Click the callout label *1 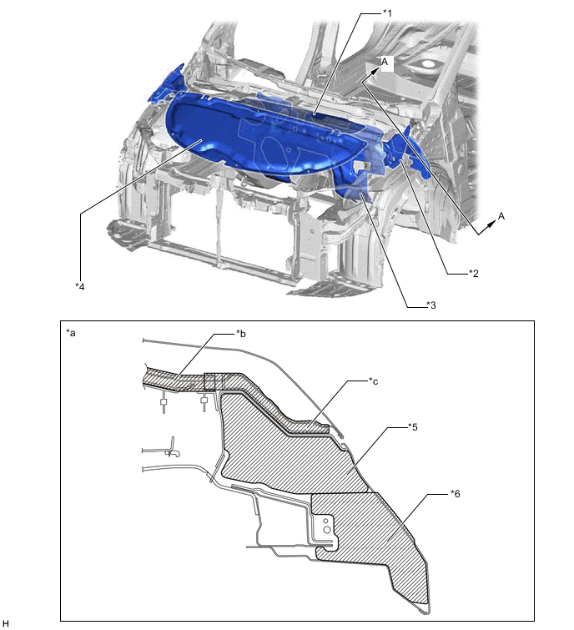[x=387, y=13]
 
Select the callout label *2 [x=474, y=274]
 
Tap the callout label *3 [x=431, y=305]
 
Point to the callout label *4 [x=80, y=286]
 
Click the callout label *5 [x=412, y=426]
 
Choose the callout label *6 [x=455, y=493]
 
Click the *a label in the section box [x=71, y=333]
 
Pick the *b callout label [x=240, y=333]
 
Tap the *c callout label [x=373, y=381]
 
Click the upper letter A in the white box [x=385, y=62]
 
